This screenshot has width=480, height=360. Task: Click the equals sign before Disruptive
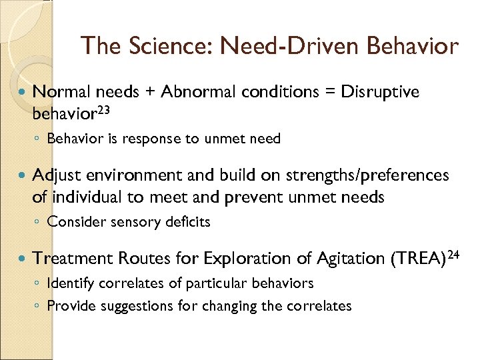coord(331,92)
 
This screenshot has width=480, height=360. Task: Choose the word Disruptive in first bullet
coord(380,92)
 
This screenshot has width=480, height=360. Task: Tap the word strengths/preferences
coord(367,175)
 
